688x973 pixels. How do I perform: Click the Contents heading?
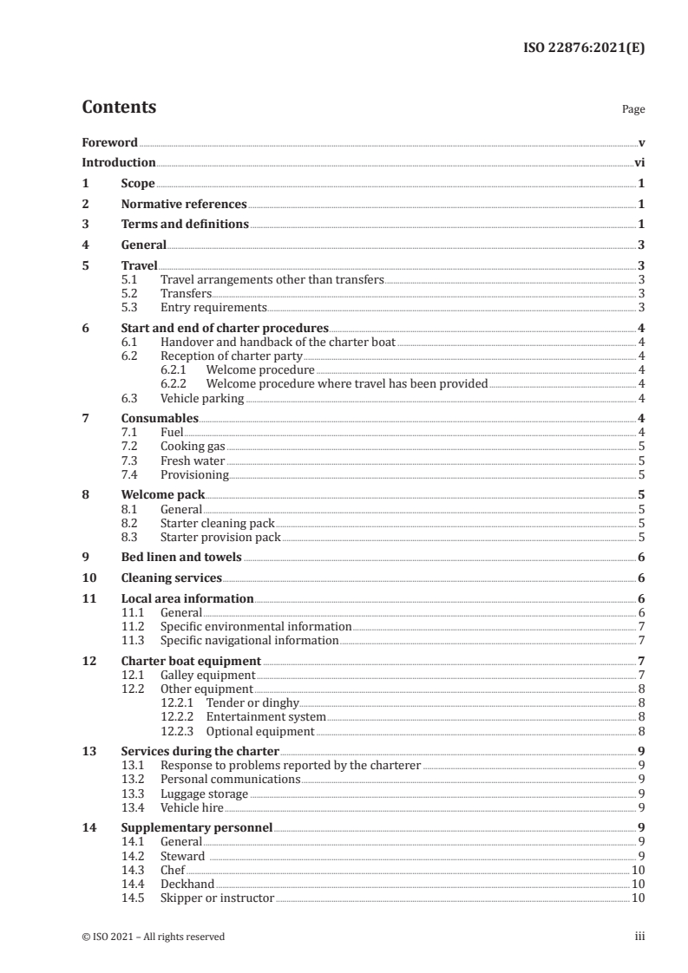[x=119, y=108]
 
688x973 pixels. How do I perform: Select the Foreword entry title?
[x=109, y=142]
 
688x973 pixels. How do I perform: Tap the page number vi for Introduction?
[x=639, y=163]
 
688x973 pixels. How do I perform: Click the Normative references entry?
[x=184, y=205]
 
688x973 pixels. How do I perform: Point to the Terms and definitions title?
[x=185, y=225]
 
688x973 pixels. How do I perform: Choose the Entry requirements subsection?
[x=213, y=307]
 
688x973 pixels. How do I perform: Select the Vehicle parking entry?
[x=202, y=398]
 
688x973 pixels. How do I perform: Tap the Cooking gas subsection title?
[x=193, y=447]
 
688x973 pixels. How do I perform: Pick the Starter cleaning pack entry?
[x=217, y=523]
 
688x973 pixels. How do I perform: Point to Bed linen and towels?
[x=181, y=558]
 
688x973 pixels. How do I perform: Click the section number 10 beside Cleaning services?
[x=88, y=578]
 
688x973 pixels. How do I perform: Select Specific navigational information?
[x=249, y=640]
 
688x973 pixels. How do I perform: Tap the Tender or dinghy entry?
[x=251, y=703]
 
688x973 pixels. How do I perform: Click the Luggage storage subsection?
[x=204, y=793]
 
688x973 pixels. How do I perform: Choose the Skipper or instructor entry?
[x=217, y=897]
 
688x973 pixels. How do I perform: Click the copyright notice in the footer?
[x=153, y=937]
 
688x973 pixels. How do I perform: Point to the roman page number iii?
[x=639, y=937]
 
